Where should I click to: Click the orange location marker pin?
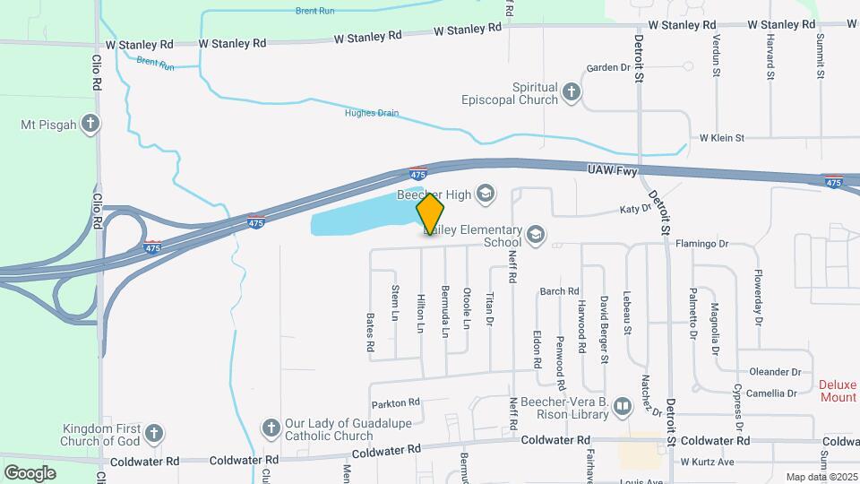(x=430, y=213)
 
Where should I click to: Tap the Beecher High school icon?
(x=486, y=193)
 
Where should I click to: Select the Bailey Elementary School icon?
(x=536, y=235)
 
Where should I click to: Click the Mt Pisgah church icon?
(x=89, y=124)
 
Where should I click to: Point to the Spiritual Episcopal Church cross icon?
(x=571, y=92)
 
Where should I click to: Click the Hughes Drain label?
(x=372, y=113)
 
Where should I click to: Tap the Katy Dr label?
(x=634, y=209)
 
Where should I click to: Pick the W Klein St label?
(x=722, y=138)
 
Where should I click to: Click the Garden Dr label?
(x=609, y=67)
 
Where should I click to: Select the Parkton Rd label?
(x=395, y=402)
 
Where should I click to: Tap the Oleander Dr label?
(x=775, y=372)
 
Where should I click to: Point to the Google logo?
(x=30, y=472)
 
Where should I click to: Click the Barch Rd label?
(x=559, y=291)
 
